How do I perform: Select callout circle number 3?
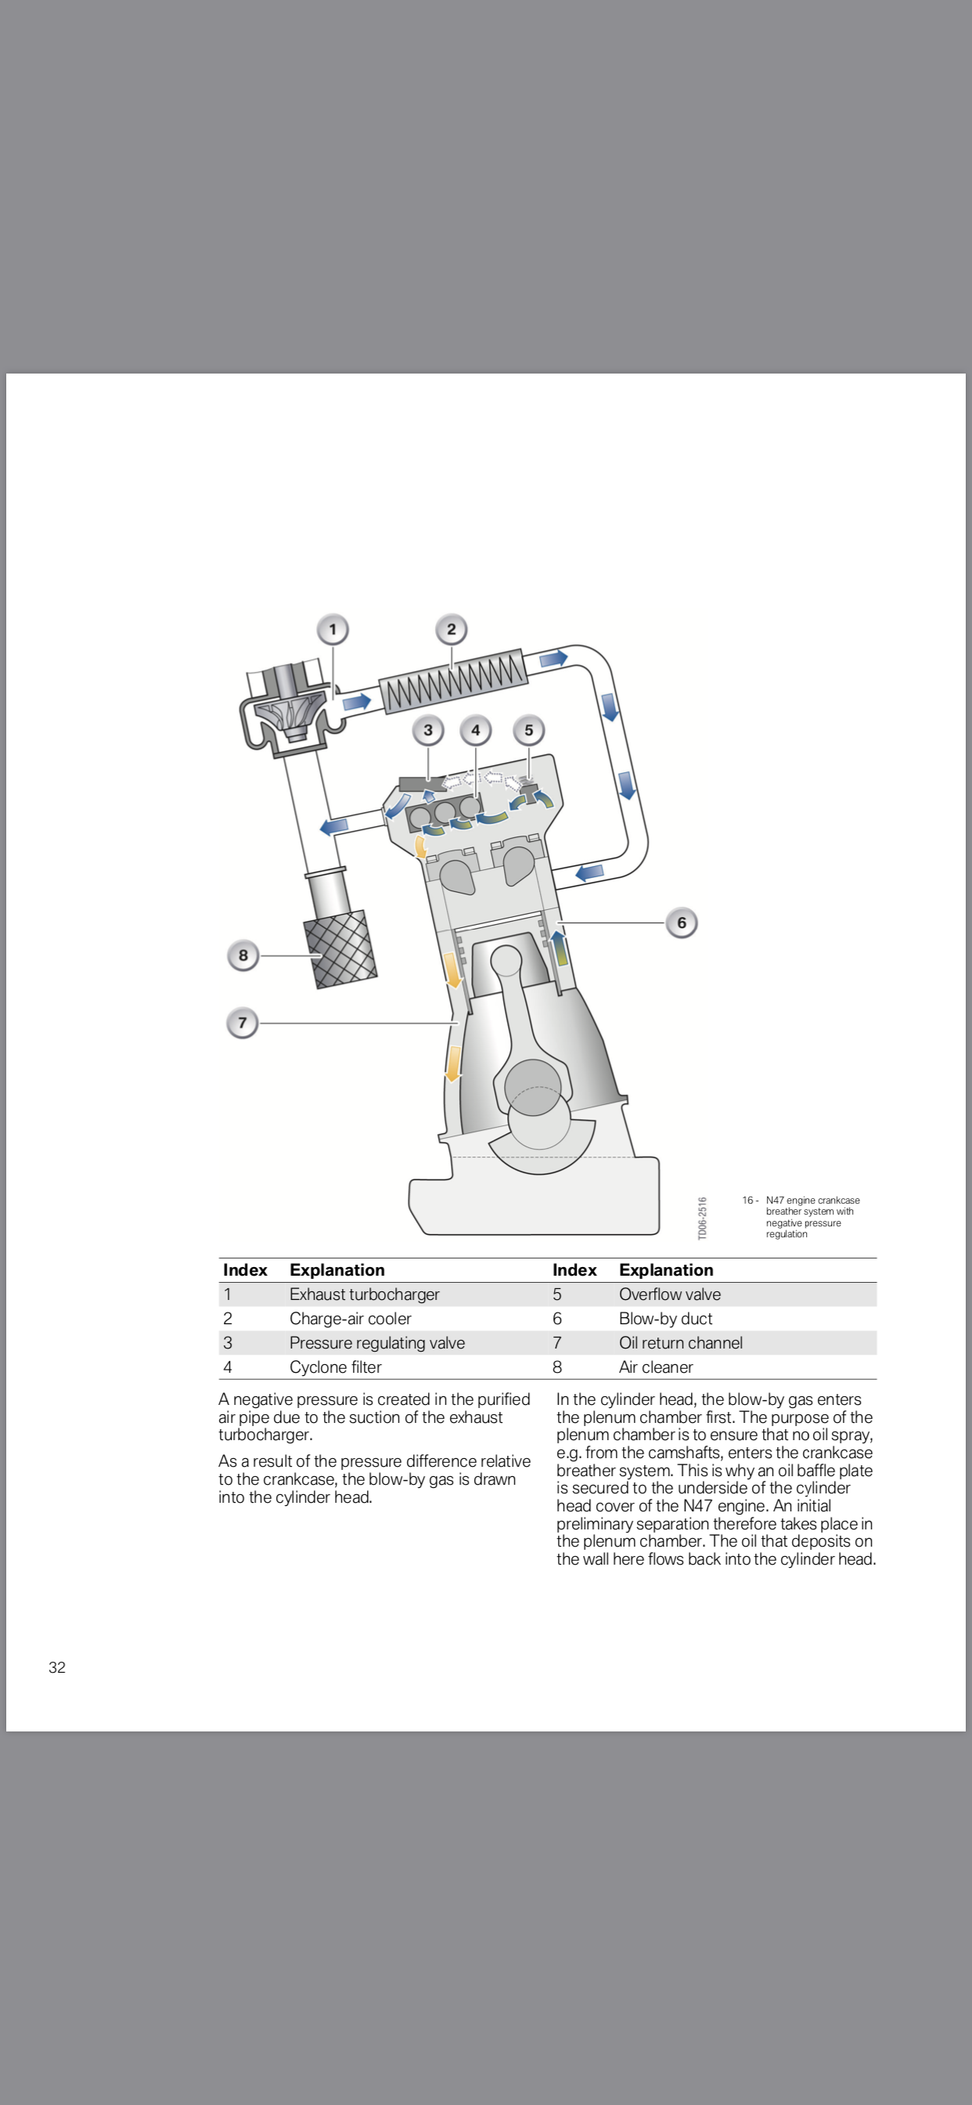click(428, 731)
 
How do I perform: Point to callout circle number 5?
click(528, 731)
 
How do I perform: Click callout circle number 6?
click(681, 923)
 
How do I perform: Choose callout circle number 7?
click(242, 1023)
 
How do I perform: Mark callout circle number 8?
click(243, 955)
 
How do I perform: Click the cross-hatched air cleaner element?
click(340, 950)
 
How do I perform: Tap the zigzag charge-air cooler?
click(453, 680)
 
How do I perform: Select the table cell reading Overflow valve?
click(670, 1294)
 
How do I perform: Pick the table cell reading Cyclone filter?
click(335, 1367)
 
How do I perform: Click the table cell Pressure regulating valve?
click(376, 1342)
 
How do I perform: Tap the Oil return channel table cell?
click(680, 1342)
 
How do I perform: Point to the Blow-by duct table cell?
click(665, 1318)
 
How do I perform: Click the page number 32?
click(57, 1667)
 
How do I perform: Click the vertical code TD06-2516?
click(703, 1218)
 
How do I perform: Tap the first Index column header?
click(245, 1270)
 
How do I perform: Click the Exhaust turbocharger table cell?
click(364, 1294)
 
